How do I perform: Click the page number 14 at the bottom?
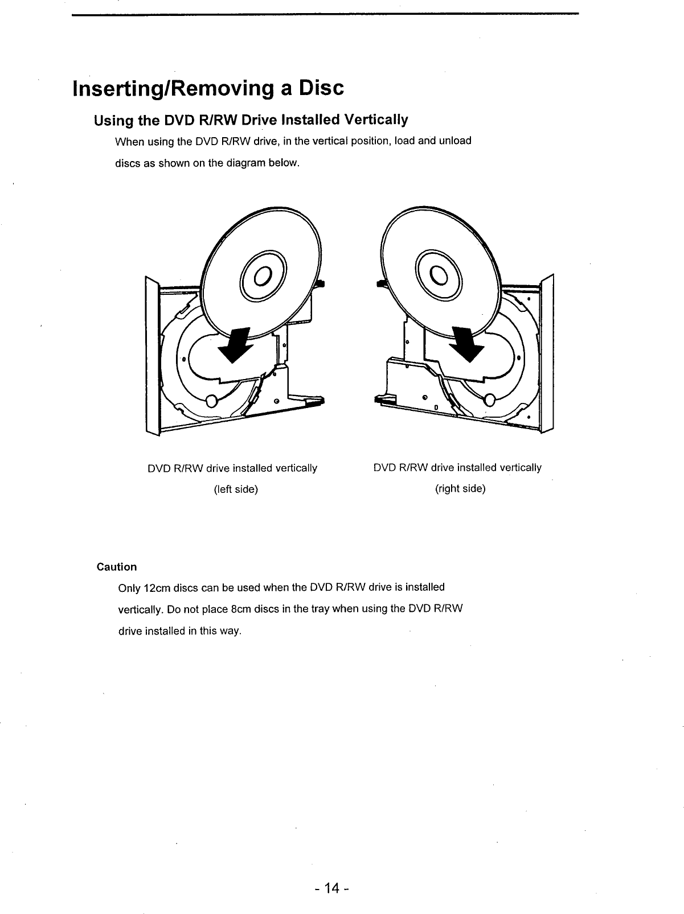(332, 888)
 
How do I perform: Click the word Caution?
(117, 567)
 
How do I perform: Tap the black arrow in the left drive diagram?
(237, 344)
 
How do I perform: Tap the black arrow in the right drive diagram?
(466, 344)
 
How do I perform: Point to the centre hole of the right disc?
(439, 275)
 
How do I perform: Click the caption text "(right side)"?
(460, 489)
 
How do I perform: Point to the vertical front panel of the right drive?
(548, 353)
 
